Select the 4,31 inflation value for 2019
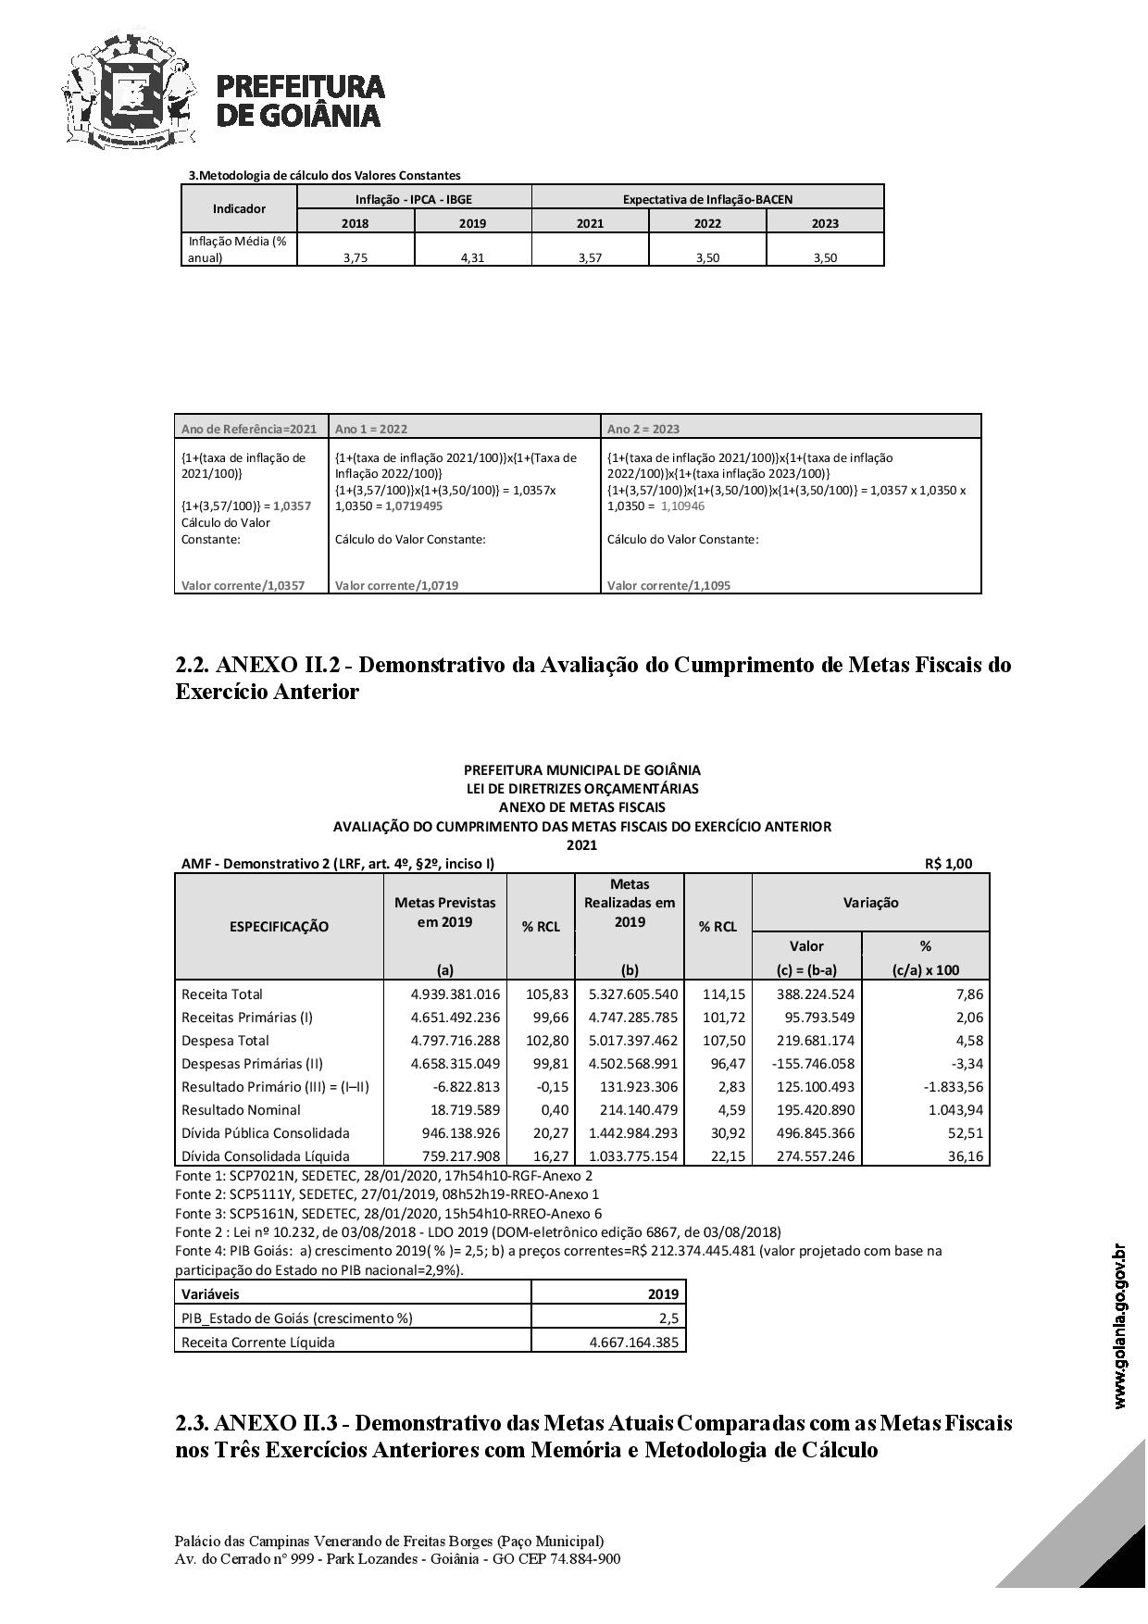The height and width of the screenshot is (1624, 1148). click(x=472, y=258)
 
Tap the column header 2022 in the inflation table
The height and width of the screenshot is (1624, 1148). click(x=707, y=223)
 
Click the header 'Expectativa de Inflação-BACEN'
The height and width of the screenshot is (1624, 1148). click(x=707, y=199)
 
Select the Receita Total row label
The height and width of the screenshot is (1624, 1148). click(x=222, y=994)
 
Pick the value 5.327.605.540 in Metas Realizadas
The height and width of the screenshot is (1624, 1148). click(x=633, y=994)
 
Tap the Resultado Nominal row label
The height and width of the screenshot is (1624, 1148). click(x=241, y=1110)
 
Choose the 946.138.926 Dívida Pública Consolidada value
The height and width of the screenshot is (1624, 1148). click(x=455, y=1133)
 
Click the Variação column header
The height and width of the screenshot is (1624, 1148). click(x=870, y=903)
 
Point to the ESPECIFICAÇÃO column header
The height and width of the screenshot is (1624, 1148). click(x=279, y=927)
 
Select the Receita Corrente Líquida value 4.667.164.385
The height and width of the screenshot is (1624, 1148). click(x=633, y=1343)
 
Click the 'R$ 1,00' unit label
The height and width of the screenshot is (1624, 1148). click(x=948, y=864)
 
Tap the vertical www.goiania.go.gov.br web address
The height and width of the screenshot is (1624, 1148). click(x=1120, y=1327)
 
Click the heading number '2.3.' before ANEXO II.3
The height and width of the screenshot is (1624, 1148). click(x=192, y=1423)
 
